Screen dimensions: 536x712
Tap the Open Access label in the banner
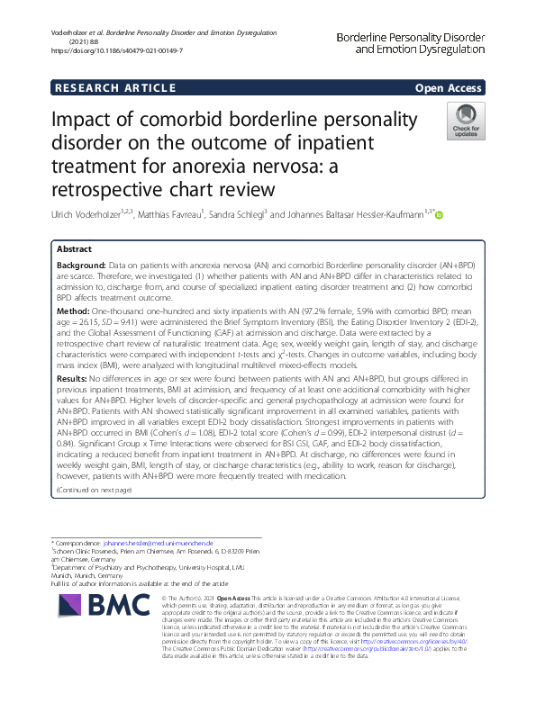449,87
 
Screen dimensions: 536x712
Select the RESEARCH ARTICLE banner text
115,87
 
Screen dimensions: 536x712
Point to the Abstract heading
75,248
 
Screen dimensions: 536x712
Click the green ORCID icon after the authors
440,213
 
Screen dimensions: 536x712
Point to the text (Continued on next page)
94,489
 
